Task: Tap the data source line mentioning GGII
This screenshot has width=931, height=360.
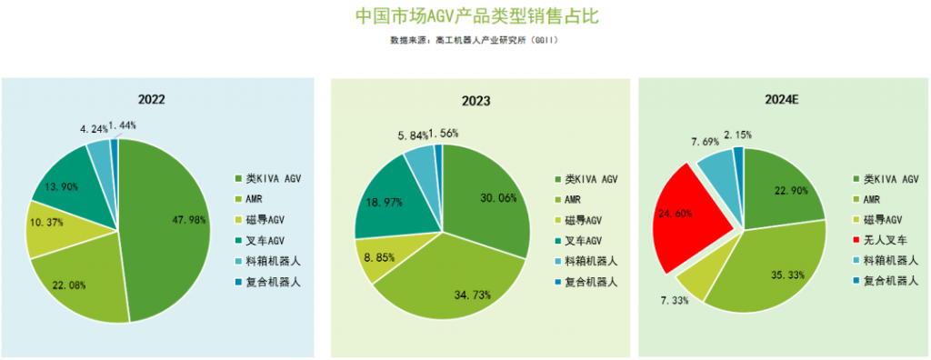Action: click(x=473, y=41)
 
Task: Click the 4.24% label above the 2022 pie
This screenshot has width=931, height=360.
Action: click(x=93, y=129)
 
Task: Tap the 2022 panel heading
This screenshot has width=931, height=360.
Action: click(x=151, y=99)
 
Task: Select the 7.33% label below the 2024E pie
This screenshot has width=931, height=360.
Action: click(x=674, y=301)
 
